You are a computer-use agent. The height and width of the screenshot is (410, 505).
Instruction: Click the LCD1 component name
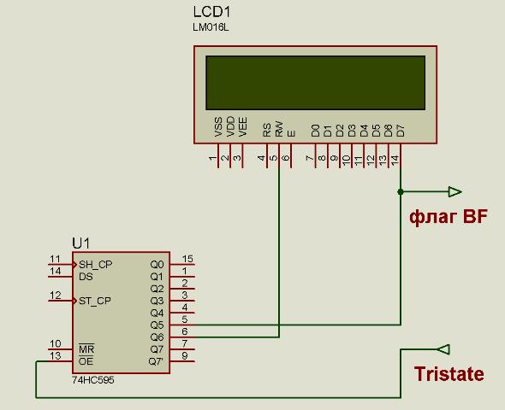click(x=212, y=12)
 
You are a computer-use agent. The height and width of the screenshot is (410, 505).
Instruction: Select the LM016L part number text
click(x=211, y=27)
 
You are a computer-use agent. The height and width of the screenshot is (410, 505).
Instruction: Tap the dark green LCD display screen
click(x=315, y=83)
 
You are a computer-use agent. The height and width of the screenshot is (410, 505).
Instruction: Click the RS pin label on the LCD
click(x=267, y=130)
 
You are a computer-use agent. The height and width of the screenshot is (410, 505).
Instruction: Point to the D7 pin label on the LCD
click(x=401, y=131)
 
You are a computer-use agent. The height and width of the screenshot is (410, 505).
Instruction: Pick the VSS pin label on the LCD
click(x=218, y=127)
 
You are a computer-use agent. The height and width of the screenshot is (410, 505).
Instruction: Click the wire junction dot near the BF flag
click(x=401, y=192)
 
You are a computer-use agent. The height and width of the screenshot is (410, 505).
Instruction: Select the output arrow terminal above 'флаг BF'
click(x=454, y=192)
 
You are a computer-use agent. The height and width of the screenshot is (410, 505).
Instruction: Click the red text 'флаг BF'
click(x=449, y=217)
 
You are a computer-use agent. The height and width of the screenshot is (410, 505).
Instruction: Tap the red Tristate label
click(x=449, y=373)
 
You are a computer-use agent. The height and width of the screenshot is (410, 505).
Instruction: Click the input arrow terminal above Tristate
click(x=443, y=349)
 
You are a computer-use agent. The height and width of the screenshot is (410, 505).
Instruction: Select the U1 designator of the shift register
click(x=80, y=243)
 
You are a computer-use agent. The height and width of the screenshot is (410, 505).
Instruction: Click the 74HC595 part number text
click(x=93, y=380)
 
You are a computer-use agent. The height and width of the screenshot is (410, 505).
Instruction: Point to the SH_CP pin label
click(x=95, y=265)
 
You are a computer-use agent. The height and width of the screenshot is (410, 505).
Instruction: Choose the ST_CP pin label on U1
click(x=95, y=301)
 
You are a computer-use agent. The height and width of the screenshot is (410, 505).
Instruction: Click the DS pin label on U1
click(x=86, y=277)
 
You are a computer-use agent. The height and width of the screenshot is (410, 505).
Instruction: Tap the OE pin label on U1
click(x=86, y=361)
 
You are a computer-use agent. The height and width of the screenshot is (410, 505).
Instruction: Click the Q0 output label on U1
click(x=157, y=265)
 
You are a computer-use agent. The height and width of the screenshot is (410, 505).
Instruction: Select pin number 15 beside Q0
click(x=187, y=259)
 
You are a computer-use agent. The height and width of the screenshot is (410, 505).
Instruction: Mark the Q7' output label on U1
click(x=156, y=361)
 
